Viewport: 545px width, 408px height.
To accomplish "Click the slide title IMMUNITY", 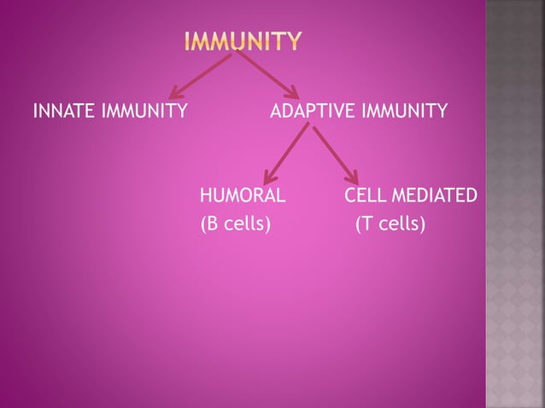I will coord(243,41).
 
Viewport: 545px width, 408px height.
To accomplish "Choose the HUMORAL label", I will coord(243,195).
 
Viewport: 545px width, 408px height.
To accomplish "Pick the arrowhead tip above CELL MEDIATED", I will coord(355,182).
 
